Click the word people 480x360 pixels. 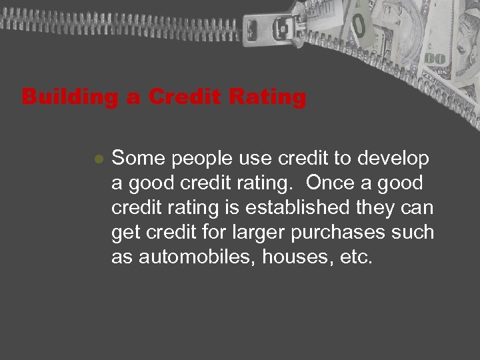click(192, 161)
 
